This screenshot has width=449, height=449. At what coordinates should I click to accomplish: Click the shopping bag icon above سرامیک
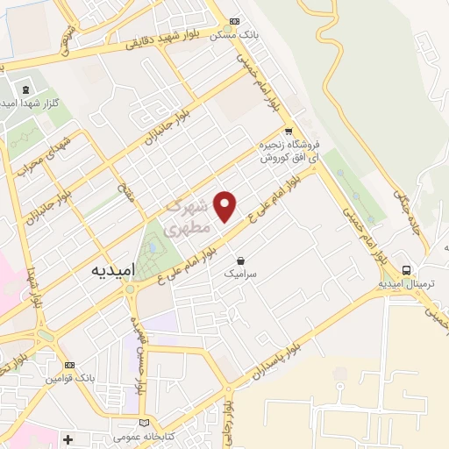coord(241,260)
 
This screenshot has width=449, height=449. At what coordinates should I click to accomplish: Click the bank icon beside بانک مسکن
coord(233,22)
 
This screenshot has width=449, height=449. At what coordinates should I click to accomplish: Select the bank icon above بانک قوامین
coord(70,365)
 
